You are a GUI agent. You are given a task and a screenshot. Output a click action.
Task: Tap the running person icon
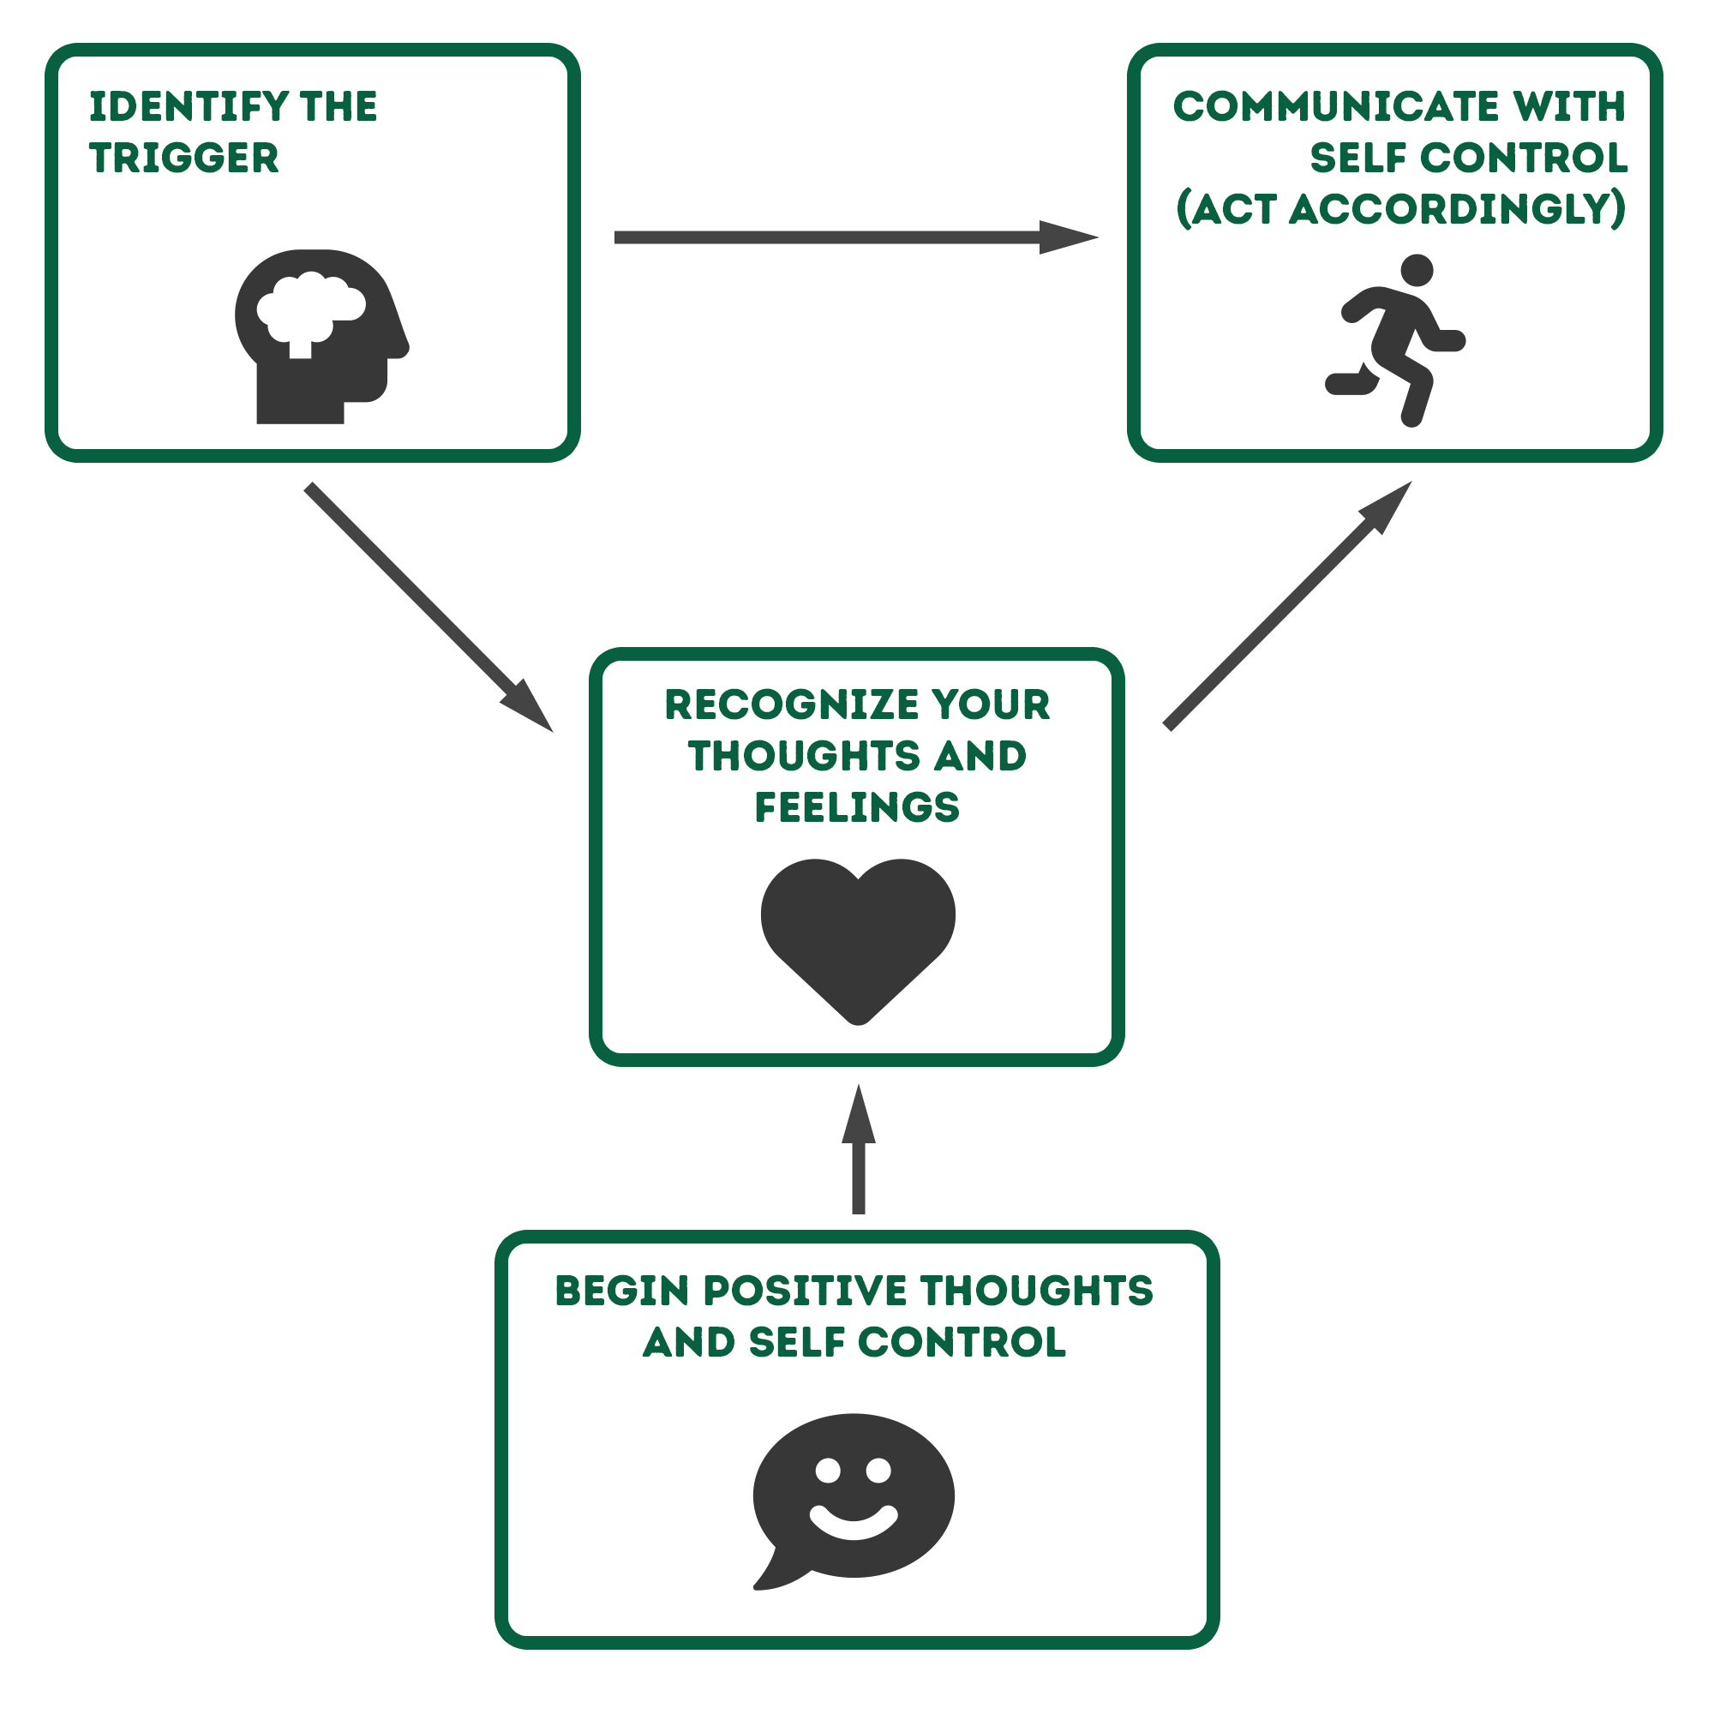[1393, 342]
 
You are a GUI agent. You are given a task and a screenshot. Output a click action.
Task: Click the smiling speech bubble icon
[854, 1498]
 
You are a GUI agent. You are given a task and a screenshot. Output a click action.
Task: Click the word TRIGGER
[183, 158]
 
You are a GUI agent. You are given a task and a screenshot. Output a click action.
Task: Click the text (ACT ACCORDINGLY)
[1400, 209]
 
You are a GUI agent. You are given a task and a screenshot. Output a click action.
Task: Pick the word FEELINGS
[857, 807]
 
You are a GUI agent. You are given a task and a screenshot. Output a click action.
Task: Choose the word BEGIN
[622, 1291]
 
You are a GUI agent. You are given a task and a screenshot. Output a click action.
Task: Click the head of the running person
[1417, 271]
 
